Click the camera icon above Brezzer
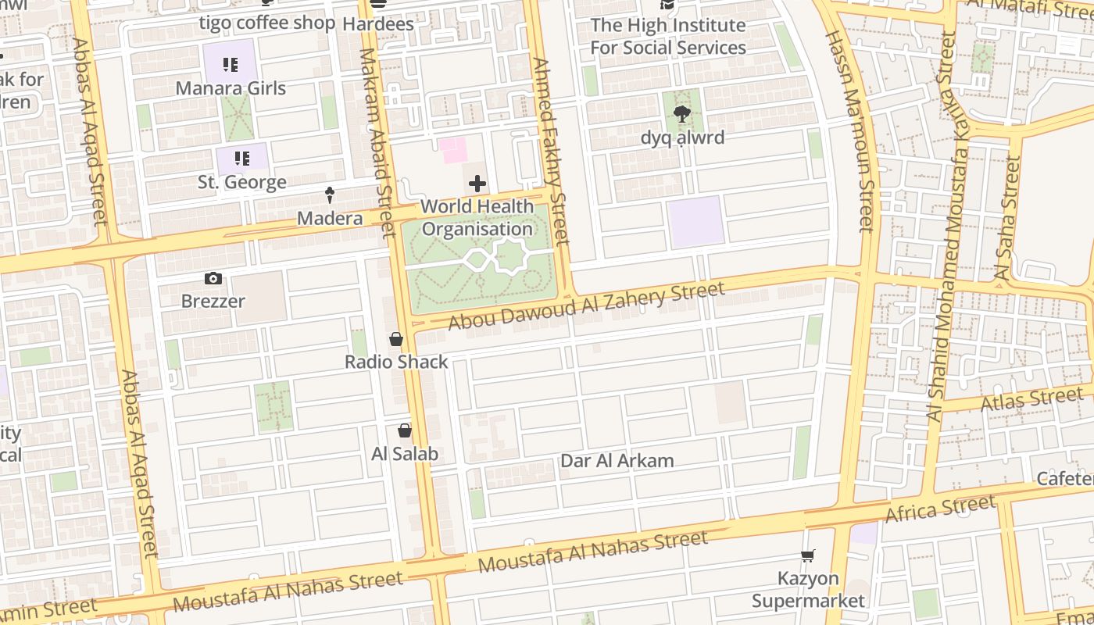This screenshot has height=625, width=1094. tap(213, 279)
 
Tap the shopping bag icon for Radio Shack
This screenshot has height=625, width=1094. tap(396, 339)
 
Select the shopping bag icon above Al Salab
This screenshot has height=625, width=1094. tap(405, 430)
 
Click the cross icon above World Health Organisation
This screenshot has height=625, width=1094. tap(477, 184)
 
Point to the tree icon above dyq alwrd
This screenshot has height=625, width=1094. tap(681, 115)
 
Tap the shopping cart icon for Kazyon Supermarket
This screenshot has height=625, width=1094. tap(808, 555)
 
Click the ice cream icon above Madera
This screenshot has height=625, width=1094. tap(330, 195)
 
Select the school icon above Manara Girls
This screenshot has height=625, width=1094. tap(230, 65)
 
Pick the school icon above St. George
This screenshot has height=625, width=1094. tap(241, 159)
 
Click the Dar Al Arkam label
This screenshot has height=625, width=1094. tap(617, 461)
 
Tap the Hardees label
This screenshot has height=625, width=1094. tap(378, 24)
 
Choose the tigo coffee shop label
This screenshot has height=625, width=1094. tap(266, 23)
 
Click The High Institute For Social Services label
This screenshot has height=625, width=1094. tap(667, 36)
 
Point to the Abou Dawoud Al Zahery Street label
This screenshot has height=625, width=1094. tap(586, 305)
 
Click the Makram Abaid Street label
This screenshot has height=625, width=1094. tap(376, 142)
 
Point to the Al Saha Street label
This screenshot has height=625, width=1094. tap(1008, 219)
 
